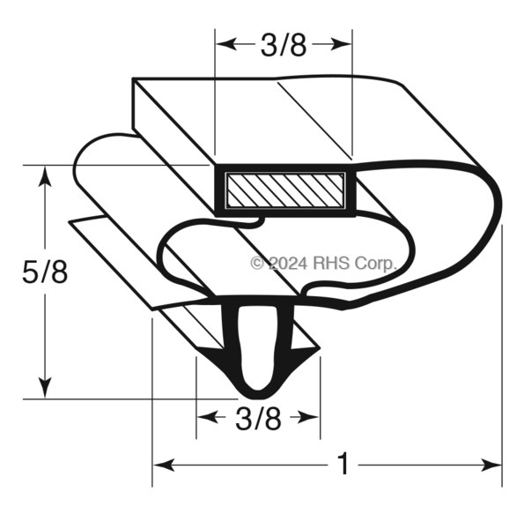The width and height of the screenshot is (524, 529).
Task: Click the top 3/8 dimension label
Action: pos(284,45)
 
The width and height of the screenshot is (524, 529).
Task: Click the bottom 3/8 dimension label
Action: pos(258,419)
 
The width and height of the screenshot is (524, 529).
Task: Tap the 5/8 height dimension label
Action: pos(45,272)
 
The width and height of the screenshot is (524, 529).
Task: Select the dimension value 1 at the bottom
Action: pos(343,465)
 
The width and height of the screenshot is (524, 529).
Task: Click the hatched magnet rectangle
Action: pos(285,190)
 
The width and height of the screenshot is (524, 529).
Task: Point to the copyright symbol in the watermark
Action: pos(257,263)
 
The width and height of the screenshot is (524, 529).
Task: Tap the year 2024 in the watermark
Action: pos(288,263)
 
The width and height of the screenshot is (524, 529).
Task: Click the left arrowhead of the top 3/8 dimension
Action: pos(225,44)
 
